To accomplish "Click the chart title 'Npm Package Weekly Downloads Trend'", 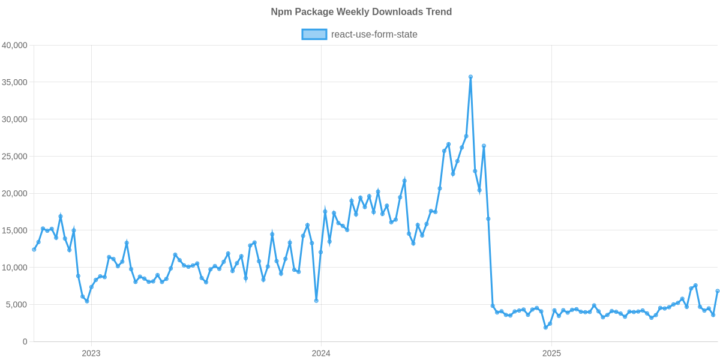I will click(x=361, y=12).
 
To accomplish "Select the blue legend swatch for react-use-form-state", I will click(x=314, y=34).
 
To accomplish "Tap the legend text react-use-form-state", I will click(x=374, y=34).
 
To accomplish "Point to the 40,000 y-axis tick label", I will click(x=16, y=45).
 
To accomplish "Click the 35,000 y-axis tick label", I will click(x=16, y=82).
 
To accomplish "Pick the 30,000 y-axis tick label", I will click(x=16, y=119).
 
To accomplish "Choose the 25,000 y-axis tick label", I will click(x=16, y=157).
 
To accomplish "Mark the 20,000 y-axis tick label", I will click(x=16, y=194).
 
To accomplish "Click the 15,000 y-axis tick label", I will click(x=16, y=231).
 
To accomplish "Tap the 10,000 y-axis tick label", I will click(x=16, y=268).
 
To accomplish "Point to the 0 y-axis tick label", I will click(x=25, y=342).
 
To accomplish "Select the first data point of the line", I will click(x=34, y=250).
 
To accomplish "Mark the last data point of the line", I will click(x=718, y=291).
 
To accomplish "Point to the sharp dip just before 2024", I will click(x=316, y=301).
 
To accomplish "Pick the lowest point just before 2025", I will click(x=545, y=328).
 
